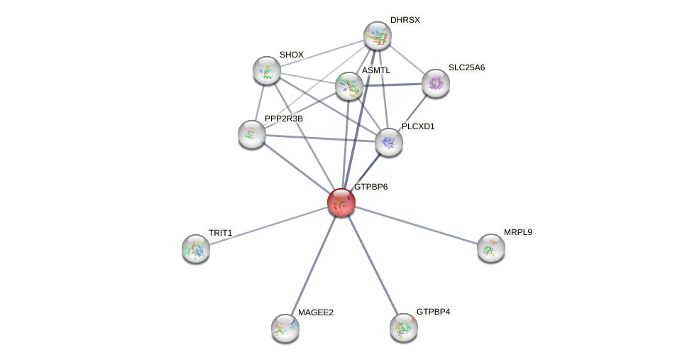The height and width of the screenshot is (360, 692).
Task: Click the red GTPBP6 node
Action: click(341, 202)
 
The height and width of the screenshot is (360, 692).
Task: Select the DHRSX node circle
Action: click(378, 36)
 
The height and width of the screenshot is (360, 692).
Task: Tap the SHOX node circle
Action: click(267, 70)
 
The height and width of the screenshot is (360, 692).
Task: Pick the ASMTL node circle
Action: click(349, 86)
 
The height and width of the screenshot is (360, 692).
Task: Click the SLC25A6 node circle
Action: click(436, 83)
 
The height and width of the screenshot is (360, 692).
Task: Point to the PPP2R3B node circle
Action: click(252, 133)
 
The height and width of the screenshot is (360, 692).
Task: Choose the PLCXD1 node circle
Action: click(389, 142)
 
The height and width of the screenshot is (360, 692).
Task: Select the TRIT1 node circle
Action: click(196, 249)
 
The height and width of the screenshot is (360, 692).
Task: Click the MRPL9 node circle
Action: click(491, 248)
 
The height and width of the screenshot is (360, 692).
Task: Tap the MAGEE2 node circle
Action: click(285, 328)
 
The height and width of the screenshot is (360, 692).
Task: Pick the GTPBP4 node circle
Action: click(404, 327)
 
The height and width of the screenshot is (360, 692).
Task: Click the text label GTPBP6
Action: click(370, 187)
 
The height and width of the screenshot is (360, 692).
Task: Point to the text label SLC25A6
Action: click(466, 67)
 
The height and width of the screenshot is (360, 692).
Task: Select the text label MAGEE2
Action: click(315, 312)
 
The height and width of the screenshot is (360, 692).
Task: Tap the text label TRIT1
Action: click(220, 233)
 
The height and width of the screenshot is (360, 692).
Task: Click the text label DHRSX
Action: click(405, 20)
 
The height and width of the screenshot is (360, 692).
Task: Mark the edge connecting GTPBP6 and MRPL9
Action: click(416, 225)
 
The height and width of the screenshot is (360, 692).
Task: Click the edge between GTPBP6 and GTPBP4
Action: click(373, 265)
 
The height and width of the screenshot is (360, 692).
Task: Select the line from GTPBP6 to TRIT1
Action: click(268, 225)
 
